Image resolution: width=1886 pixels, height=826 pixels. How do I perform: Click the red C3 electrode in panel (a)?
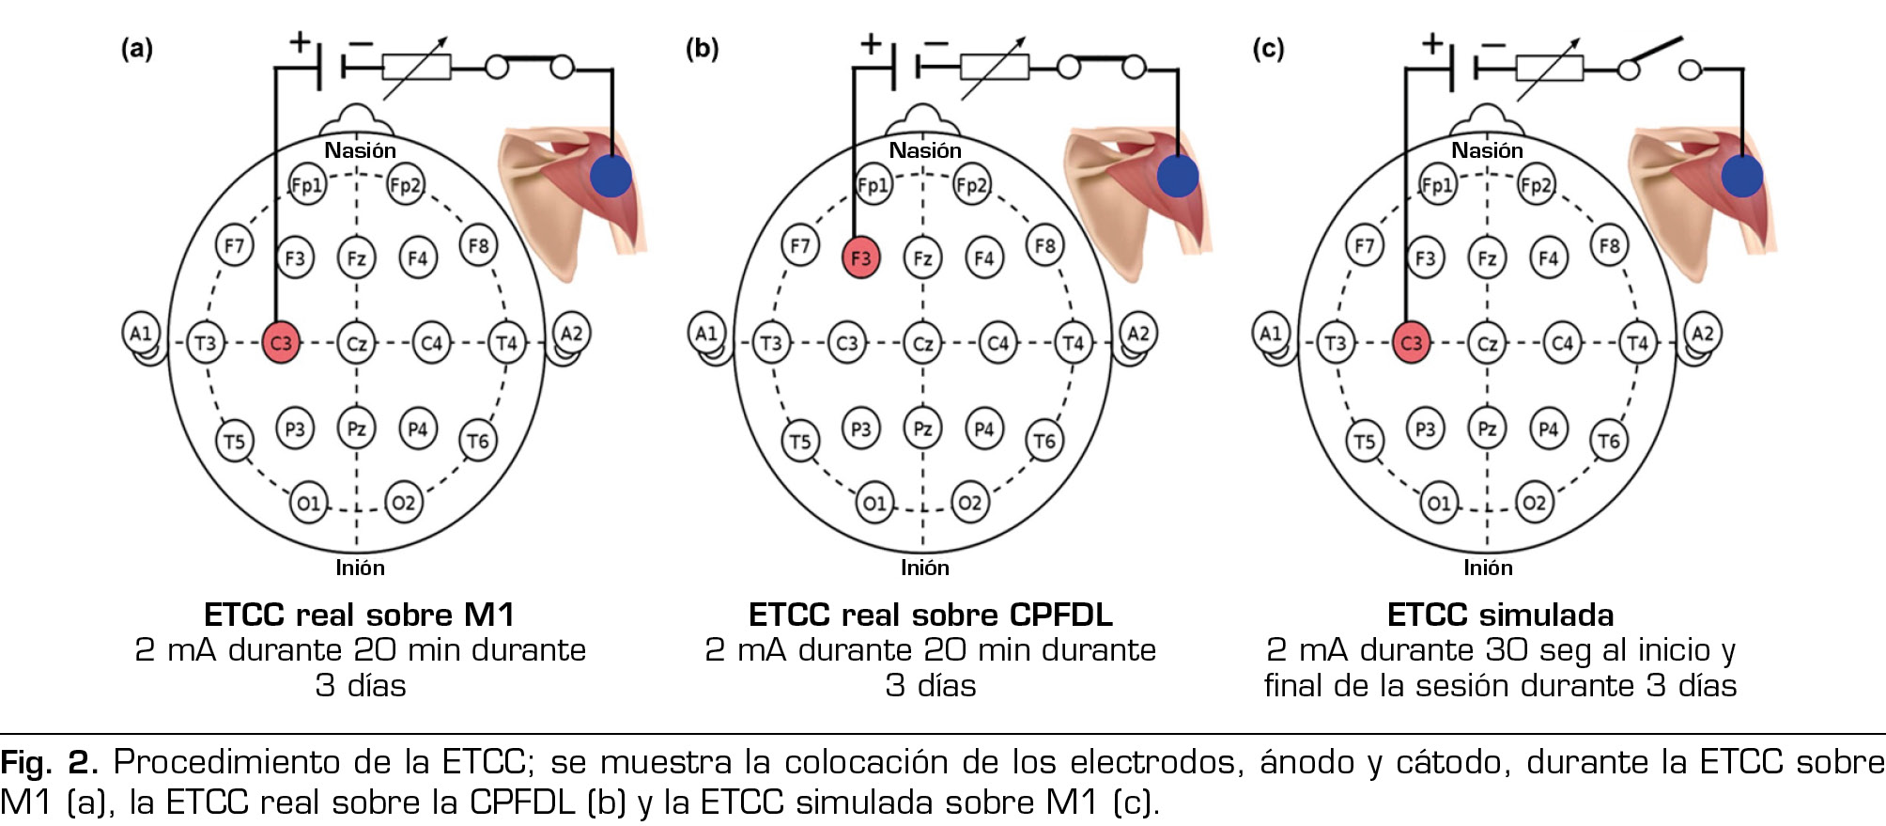(x=281, y=343)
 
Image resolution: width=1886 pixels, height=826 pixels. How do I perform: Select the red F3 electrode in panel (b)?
(x=860, y=258)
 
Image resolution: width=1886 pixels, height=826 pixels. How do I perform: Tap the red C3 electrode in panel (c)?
(x=1411, y=343)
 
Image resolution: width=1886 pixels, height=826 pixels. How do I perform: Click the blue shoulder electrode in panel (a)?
(x=611, y=176)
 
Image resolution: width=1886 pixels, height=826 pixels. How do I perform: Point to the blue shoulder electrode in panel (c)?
(x=1741, y=176)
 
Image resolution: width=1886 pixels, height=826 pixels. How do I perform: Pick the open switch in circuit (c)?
(x=1661, y=58)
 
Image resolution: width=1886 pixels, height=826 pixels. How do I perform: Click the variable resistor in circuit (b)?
(x=995, y=67)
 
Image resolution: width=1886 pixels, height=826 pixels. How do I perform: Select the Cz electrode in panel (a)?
(x=356, y=343)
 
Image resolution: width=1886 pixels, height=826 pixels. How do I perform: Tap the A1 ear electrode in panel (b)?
(x=706, y=333)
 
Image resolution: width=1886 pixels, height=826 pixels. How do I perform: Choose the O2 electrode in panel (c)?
(x=1533, y=503)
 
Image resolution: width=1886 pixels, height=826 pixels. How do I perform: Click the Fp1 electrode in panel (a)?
(x=307, y=185)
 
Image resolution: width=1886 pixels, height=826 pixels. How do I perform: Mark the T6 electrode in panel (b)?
(x=1044, y=441)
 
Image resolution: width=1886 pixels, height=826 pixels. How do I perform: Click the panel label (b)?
(x=702, y=48)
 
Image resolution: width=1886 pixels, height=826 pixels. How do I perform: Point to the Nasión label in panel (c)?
(x=1487, y=150)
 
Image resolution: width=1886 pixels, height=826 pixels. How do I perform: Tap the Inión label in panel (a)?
(x=360, y=568)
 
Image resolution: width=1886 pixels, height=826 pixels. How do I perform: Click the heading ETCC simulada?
(x=1500, y=615)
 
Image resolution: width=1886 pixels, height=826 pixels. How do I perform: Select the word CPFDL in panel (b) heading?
(x=1060, y=615)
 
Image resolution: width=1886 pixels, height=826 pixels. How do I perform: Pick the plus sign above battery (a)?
(x=300, y=41)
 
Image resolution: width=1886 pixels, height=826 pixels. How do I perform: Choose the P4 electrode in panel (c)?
(x=1548, y=429)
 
